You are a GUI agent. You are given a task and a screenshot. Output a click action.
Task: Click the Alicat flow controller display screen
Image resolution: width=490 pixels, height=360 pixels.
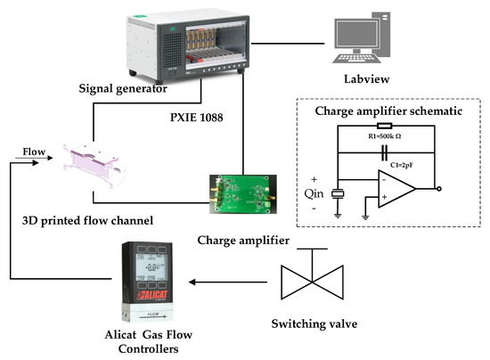154,265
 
